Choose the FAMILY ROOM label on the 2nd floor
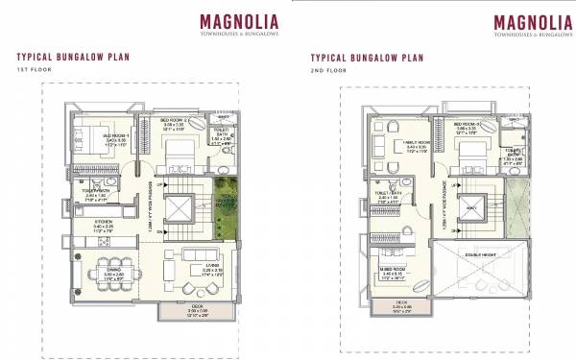click(400, 142)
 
